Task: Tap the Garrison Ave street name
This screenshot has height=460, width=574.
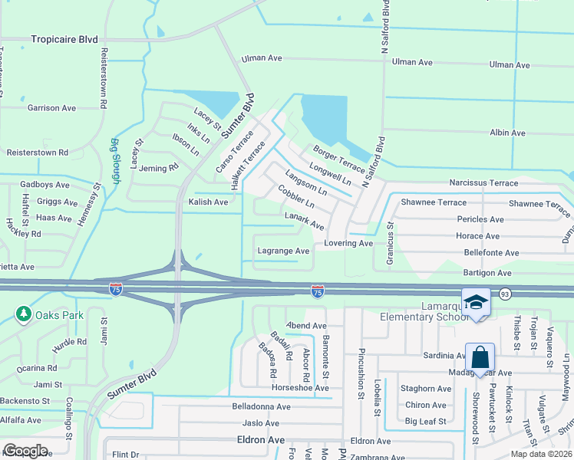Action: [x=51, y=108]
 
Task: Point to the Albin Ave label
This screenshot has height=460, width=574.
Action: [x=507, y=133]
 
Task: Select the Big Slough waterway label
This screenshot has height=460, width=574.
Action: [x=116, y=160]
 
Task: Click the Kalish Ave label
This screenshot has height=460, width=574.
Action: [x=208, y=202]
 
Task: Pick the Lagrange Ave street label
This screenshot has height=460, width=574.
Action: [x=283, y=251]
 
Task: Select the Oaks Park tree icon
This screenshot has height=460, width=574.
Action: [x=24, y=314]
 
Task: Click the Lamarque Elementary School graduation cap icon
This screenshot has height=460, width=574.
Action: [x=476, y=302]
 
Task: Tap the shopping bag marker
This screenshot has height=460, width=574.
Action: [x=480, y=357]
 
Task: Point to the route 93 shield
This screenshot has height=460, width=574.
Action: [x=505, y=294]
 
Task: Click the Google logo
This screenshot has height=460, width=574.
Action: [x=25, y=450]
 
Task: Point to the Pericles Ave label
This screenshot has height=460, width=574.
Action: [x=479, y=219]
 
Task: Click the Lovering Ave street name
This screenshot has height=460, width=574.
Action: [x=348, y=243]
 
